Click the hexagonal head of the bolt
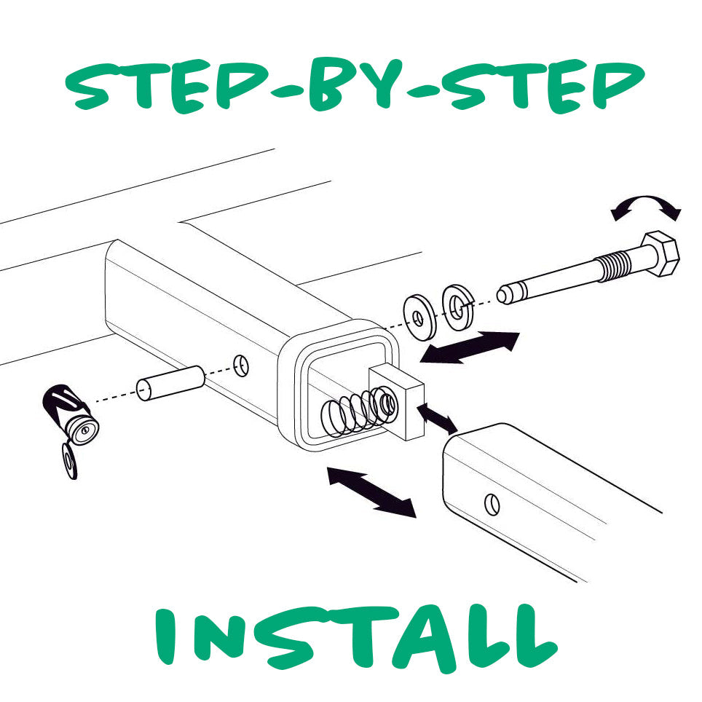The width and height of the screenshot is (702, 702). click(660, 255)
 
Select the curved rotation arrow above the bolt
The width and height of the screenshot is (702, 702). click(646, 206)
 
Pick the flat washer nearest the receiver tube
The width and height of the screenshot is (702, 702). click(418, 315)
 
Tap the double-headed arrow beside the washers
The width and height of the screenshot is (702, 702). click(470, 347)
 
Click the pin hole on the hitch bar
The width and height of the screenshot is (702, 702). click(493, 502)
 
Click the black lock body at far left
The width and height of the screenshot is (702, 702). click(70, 414)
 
